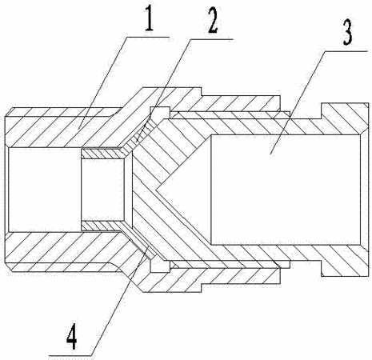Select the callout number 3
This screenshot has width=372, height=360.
tap(347, 34)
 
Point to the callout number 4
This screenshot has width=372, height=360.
tap(71, 338)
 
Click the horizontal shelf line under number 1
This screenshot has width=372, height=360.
tap(148, 37)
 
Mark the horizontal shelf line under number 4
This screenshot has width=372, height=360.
tap(70, 355)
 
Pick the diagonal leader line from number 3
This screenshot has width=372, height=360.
tap(298, 102)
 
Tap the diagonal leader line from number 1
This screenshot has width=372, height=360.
tap(102, 82)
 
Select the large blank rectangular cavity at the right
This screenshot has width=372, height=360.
tap(286, 190)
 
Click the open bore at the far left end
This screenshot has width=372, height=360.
tap(44, 190)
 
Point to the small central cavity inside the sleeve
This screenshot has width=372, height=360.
tap(102, 190)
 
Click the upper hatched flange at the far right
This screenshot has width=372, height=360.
tap(345, 118)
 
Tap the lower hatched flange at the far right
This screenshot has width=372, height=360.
tap(345, 260)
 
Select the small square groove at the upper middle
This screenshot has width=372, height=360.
tap(160, 113)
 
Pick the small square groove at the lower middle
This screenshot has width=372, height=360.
tap(160, 266)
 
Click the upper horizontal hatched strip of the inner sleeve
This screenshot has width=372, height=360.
tap(102, 154)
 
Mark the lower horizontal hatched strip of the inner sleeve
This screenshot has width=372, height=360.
tap(102, 226)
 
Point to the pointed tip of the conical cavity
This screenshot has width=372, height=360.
tap(156, 190)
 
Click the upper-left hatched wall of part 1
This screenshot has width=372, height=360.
tap(62, 127)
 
